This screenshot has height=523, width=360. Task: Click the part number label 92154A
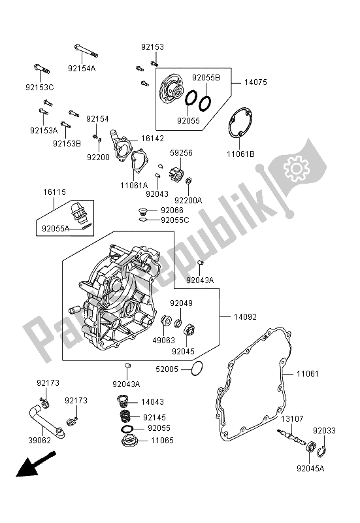tap(82, 67)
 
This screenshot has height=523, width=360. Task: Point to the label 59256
tap(181, 152)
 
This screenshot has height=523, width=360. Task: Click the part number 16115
tap(56, 194)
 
